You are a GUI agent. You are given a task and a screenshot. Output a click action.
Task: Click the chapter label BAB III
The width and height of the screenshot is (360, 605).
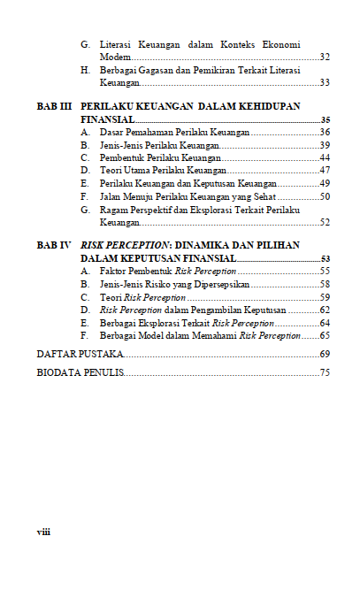pos(53,106)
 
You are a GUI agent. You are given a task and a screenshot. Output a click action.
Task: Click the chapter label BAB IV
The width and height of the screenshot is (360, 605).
pos(52,245)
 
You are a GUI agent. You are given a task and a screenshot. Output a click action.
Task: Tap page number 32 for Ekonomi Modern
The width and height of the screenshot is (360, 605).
pos(325,57)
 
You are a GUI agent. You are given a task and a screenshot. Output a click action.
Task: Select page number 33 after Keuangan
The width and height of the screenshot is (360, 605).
pos(325,82)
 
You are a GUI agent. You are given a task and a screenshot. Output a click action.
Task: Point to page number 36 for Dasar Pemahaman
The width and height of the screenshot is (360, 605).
pos(325,132)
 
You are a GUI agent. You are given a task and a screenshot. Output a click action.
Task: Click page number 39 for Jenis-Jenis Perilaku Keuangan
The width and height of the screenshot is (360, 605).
pos(325,145)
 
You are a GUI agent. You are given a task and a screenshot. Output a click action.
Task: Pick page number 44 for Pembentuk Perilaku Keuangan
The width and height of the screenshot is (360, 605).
pos(325,157)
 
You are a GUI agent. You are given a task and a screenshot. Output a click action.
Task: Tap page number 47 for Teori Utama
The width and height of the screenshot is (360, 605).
pos(325,171)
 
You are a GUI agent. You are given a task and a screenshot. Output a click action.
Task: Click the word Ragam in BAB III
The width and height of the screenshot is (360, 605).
pos(112,210)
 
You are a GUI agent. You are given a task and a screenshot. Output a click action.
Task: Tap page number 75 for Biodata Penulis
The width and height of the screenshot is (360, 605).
pos(325,373)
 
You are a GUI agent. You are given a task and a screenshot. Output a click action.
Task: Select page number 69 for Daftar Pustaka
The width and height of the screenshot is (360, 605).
pos(325,354)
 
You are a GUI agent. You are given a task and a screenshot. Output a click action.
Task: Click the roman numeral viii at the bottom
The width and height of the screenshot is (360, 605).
pos(43,532)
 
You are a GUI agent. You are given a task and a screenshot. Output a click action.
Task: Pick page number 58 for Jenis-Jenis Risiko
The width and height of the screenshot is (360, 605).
pos(325,284)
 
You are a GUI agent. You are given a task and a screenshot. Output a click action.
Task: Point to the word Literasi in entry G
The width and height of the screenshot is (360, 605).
pos(115,44)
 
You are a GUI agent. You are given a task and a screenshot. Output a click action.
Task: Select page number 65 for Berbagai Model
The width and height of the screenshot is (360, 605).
pos(325,336)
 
